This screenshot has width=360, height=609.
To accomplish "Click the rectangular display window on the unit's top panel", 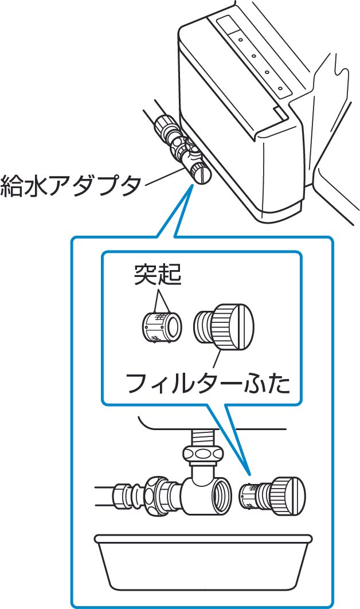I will (231, 25).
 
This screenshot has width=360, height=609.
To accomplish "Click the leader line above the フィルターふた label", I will (217, 361).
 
